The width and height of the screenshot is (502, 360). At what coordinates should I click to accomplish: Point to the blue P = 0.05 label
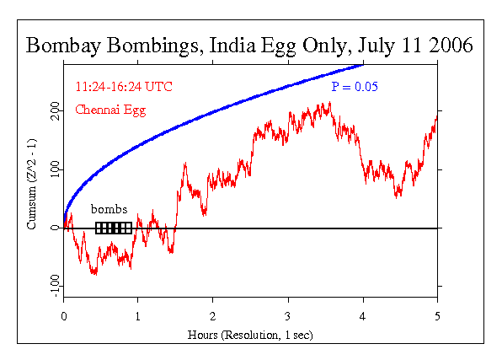(x=353, y=86)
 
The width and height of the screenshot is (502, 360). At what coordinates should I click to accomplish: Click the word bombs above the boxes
(x=109, y=210)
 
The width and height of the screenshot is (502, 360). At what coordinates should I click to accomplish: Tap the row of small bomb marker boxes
(x=114, y=228)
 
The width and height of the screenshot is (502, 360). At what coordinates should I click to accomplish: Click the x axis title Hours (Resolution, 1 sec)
(x=250, y=335)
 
